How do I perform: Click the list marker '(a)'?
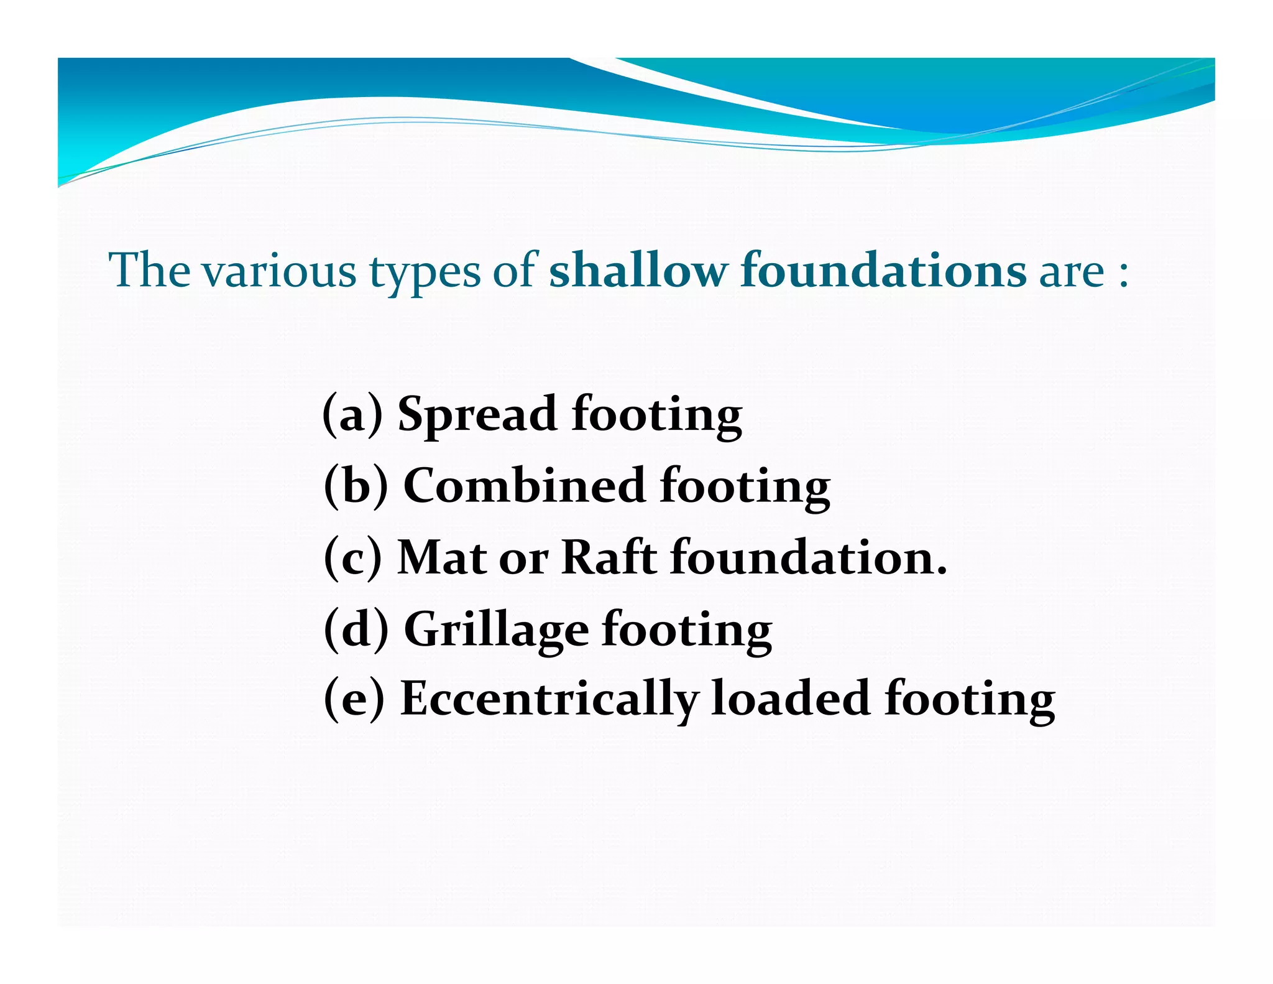tap(352, 414)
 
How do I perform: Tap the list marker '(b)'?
tap(356, 485)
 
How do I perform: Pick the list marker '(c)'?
tap(352, 557)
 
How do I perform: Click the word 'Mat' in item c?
tap(442, 557)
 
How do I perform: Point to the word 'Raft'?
tap(609, 557)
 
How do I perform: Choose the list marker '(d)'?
tap(356, 629)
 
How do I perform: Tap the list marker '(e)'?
tap(354, 699)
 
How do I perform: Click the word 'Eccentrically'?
tap(549, 699)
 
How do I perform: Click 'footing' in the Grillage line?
tap(686, 630)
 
